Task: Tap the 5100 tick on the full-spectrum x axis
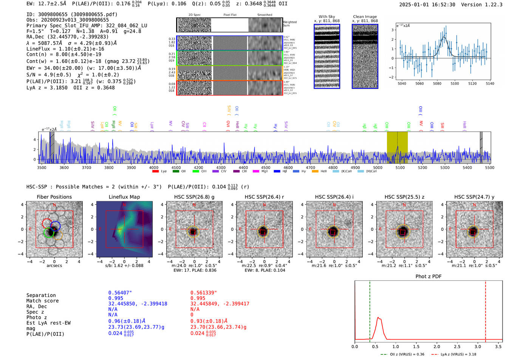coord(400,167)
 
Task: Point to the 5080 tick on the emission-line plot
coord(437,83)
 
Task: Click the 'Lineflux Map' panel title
coord(124,197)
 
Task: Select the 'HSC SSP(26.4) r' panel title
coord(264,197)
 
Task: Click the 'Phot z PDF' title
coord(428,277)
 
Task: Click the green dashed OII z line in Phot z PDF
coord(370,310)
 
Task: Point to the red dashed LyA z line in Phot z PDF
coord(486,310)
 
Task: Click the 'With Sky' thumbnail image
coord(327,56)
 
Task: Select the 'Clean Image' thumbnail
coord(365,56)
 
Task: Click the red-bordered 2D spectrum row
coord(229,88)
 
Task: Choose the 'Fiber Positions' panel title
coord(54,197)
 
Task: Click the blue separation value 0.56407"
coord(120,293)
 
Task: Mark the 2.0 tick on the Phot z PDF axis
coord(437,346)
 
